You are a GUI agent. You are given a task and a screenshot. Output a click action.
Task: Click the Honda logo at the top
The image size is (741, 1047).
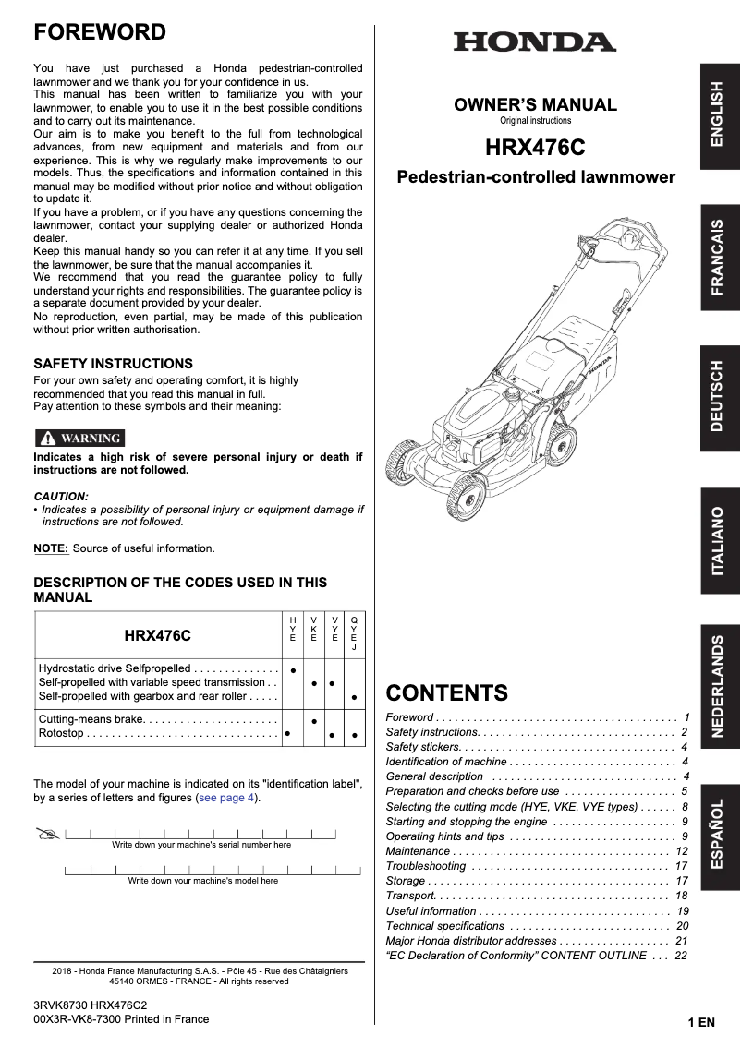[x=534, y=42]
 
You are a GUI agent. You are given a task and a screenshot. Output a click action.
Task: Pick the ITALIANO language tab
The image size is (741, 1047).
[x=720, y=542]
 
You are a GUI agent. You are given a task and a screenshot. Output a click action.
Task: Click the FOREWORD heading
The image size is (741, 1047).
[x=100, y=33]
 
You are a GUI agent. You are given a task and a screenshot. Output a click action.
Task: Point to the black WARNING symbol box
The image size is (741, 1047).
[x=79, y=438]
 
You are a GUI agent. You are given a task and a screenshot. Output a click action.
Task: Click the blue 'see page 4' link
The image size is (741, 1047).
[x=227, y=798]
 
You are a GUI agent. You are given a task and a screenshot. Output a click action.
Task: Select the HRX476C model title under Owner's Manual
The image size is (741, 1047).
[x=535, y=148]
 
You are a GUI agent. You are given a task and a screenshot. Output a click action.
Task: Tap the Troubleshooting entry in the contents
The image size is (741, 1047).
[x=425, y=866]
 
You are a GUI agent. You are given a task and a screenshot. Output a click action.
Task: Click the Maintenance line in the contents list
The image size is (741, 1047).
[x=418, y=851]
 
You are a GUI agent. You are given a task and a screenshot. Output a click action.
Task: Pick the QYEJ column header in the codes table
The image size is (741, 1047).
[x=354, y=632]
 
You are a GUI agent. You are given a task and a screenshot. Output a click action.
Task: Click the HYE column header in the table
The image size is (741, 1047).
[x=293, y=629]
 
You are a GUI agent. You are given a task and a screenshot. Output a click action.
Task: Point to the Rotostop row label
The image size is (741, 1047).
[x=61, y=733]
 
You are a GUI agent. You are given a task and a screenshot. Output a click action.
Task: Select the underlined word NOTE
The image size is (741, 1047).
[x=50, y=548]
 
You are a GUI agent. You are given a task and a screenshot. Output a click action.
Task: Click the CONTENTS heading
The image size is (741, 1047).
[x=446, y=692]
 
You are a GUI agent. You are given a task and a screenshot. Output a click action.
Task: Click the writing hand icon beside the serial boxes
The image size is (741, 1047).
[x=47, y=835]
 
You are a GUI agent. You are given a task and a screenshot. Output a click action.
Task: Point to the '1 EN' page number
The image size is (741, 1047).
[x=701, y=1023]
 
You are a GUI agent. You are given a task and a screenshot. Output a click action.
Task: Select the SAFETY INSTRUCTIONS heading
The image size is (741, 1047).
[x=113, y=364]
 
